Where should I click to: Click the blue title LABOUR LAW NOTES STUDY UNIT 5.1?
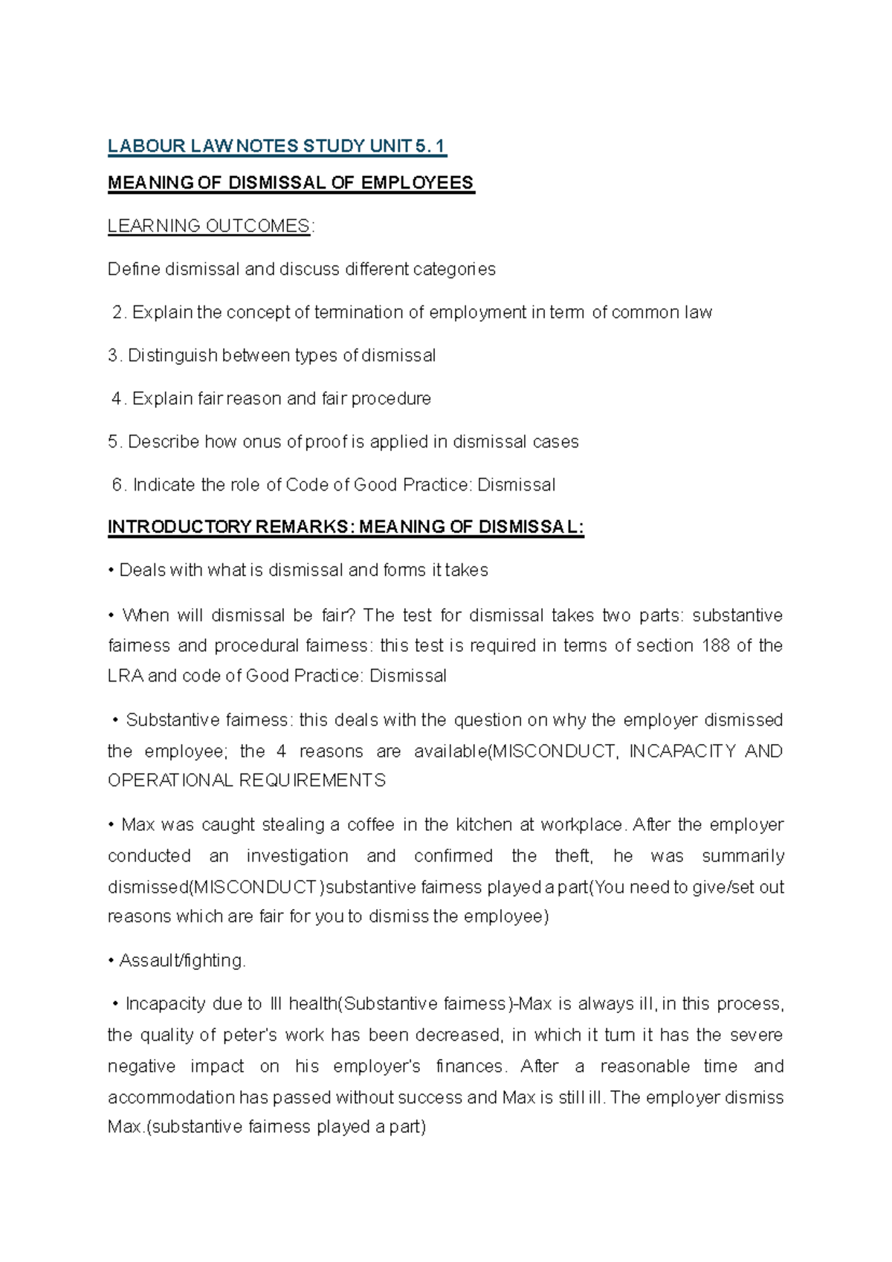(x=277, y=146)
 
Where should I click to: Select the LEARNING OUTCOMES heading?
(x=208, y=226)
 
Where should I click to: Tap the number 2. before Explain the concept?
(x=119, y=312)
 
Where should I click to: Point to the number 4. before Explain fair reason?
(x=119, y=398)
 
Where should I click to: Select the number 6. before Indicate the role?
(x=119, y=485)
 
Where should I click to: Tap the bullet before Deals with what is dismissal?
(x=111, y=571)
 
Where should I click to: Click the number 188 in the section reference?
(x=715, y=645)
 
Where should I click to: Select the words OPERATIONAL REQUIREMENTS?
(x=247, y=780)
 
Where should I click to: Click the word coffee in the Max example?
(x=371, y=825)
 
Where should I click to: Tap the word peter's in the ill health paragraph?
(x=251, y=1035)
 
